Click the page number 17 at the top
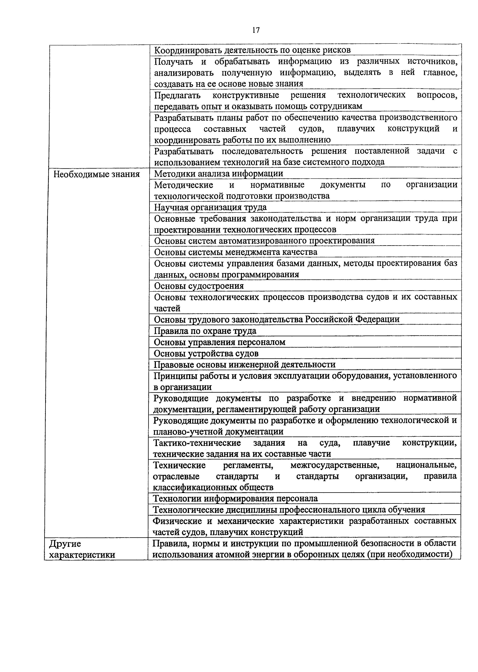click(x=256, y=30)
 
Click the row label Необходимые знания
click(x=97, y=174)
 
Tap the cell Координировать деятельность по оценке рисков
click(x=253, y=50)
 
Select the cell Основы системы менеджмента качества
click(x=236, y=252)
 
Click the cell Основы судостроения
click(x=199, y=286)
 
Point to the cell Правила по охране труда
click(x=205, y=331)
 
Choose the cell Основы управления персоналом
click(x=220, y=342)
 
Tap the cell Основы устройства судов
click(x=206, y=353)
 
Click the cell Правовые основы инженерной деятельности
click(x=245, y=365)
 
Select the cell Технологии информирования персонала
click(x=236, y=499)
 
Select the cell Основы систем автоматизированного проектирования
click(x=264, y=241)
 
